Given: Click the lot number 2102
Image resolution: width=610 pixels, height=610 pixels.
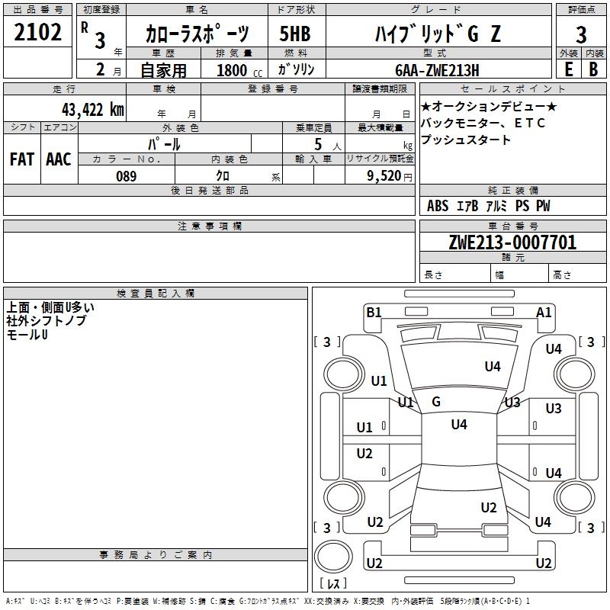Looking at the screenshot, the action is point(37,32).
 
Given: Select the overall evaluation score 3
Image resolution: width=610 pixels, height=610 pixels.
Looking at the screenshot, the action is point(581,35).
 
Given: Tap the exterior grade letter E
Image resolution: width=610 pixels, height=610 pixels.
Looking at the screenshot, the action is point(568,69).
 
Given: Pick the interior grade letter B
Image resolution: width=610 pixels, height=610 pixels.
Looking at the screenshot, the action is point(593,69).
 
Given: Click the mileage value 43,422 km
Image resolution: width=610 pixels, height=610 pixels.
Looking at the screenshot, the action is point(93,110).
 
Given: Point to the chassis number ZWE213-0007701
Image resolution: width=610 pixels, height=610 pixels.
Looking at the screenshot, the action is point(512,242).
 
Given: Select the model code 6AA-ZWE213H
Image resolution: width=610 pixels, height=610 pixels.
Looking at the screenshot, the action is point(437,70).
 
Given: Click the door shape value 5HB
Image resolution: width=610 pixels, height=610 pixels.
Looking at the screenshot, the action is point(295,34).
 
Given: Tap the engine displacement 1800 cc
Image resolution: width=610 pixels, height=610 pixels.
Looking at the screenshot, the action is point(239,70).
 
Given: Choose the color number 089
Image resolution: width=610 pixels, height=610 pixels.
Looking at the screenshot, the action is point(127,176).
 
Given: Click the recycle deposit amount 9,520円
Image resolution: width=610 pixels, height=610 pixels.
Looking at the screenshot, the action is point(390,176).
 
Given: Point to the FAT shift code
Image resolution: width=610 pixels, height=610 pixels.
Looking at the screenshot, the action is point(22,159).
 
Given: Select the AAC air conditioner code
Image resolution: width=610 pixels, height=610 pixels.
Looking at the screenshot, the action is point(59,159).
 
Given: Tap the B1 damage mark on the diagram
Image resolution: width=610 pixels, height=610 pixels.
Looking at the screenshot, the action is point(374,313).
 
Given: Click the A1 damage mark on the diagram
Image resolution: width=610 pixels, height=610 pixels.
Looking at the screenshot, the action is point(544,313).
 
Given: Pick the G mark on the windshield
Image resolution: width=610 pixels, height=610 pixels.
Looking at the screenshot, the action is point(436,402).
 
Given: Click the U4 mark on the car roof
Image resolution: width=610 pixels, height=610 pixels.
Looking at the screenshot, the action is point(459,424).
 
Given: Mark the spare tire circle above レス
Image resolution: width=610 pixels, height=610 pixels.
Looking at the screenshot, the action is point(333,557).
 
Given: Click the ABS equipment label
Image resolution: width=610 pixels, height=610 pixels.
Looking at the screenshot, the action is point(438,206).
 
